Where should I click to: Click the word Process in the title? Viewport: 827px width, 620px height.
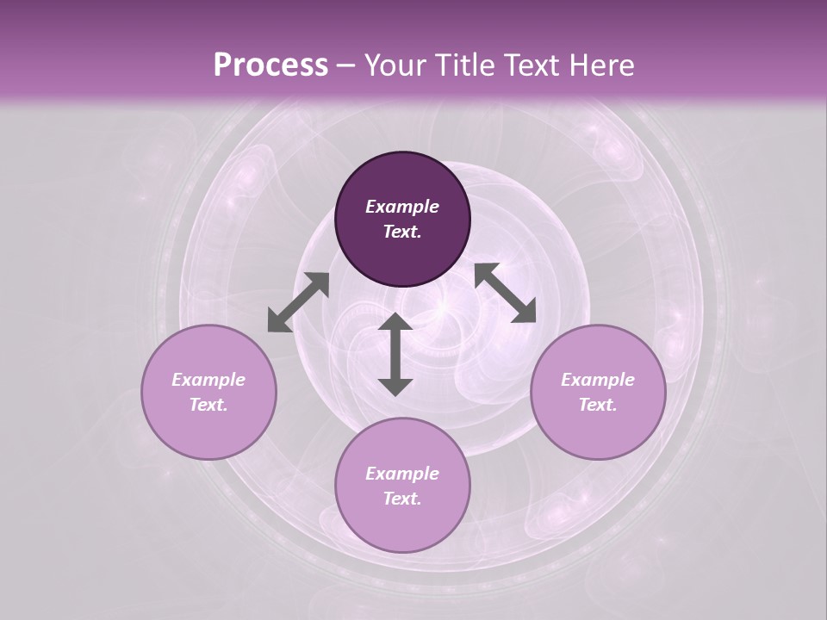click(270, 65)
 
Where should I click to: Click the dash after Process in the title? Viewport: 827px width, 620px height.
click(345, 67)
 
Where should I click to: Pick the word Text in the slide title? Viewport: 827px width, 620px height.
click(534, 65)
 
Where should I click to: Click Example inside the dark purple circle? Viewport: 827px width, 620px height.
click(402, 207)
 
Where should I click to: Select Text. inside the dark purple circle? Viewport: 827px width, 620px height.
click(402, 232)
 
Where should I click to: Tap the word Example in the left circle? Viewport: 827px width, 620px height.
click(208, 380)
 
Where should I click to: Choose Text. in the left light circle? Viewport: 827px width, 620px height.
click(208, 405)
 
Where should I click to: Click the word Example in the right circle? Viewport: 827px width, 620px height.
click(598, 380)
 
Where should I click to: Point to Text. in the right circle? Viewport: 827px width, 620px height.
click(598, 405)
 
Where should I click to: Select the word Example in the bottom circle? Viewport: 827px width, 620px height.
click(402, 474)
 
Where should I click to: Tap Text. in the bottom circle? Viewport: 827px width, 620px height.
click(402, 499)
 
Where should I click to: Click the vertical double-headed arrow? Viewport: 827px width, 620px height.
click(395, 354)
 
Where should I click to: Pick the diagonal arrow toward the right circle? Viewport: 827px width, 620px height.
click(505, 293)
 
